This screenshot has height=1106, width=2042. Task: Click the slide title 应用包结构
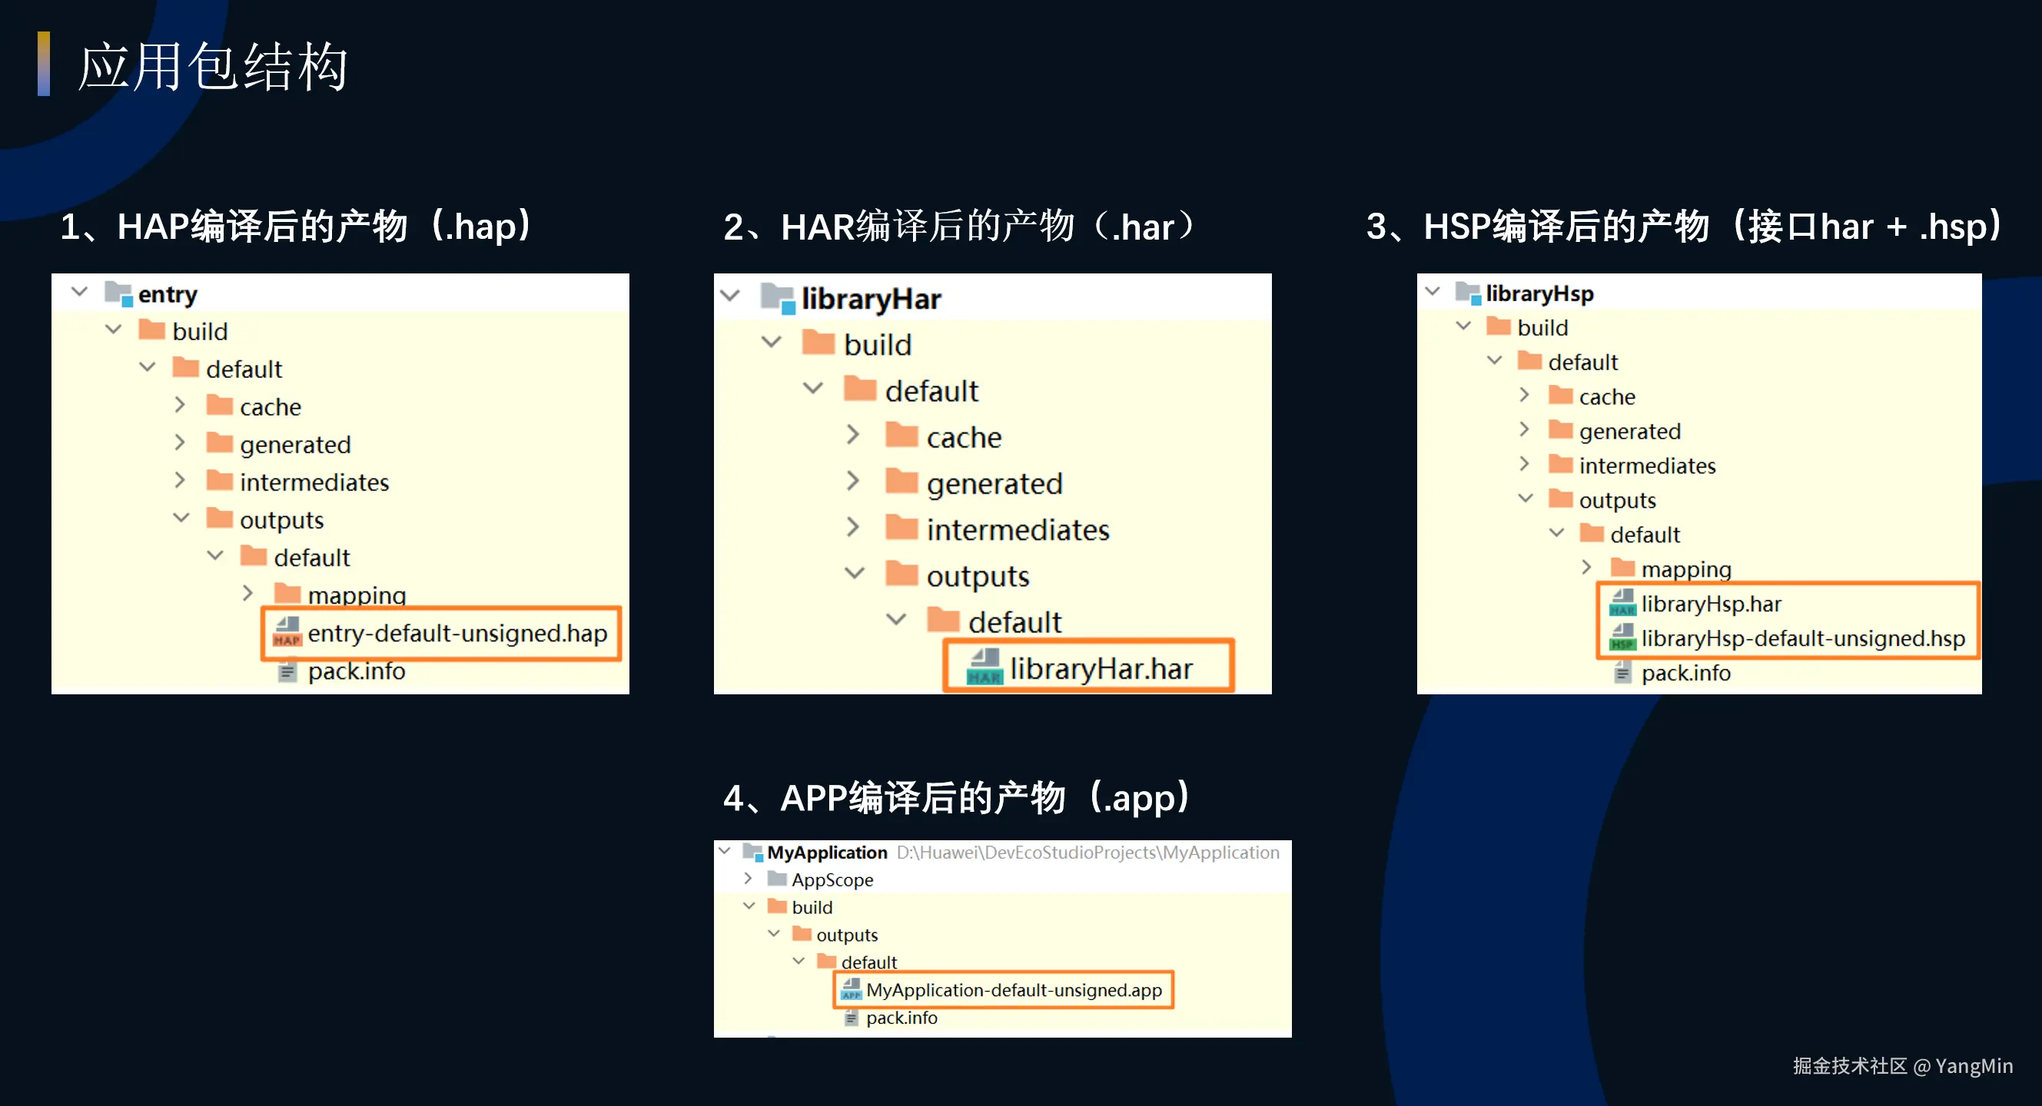coord(212,67)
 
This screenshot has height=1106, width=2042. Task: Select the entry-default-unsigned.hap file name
coord(457,634)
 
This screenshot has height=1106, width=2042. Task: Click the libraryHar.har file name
coord(1101,670)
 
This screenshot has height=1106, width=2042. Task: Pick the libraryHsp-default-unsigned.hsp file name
coord(1803,638)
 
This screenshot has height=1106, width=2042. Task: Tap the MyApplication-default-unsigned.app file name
coord(1013,990)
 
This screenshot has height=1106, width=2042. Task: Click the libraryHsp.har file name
coord(1711,604)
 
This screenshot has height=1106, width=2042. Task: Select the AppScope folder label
coord(832,879)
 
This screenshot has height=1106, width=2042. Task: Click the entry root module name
coord(168,295)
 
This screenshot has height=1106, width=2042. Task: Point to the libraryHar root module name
coord(871,300)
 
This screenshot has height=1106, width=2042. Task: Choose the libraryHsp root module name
coord(1539,294)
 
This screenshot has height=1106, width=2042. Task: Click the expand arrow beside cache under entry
coord(180,406)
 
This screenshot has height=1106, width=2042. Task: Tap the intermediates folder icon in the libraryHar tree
coord(901,528)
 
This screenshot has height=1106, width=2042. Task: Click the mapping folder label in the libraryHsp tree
coord(1685,570)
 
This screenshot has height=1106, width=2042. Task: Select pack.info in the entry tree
coord(356,672)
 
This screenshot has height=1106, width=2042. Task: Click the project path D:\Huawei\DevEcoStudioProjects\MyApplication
coord(1087,853)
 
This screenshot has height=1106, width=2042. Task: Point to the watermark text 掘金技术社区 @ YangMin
coord(1902,1066)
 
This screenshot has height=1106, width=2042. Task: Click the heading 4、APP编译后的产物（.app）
coord(956,798)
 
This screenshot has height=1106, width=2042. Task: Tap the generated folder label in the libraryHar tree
coord(994,484)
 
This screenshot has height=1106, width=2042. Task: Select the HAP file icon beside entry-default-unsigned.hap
coord(287,632)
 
